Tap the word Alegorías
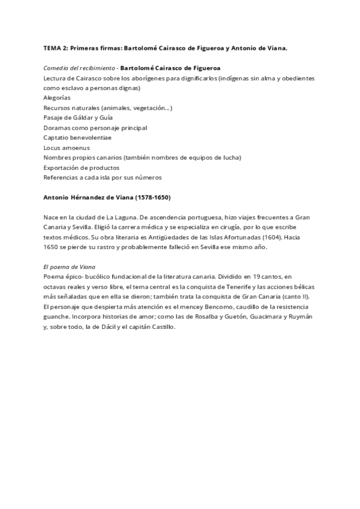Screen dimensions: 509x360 [x=57, y=97]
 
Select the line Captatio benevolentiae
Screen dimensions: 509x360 [x=77, y=137]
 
